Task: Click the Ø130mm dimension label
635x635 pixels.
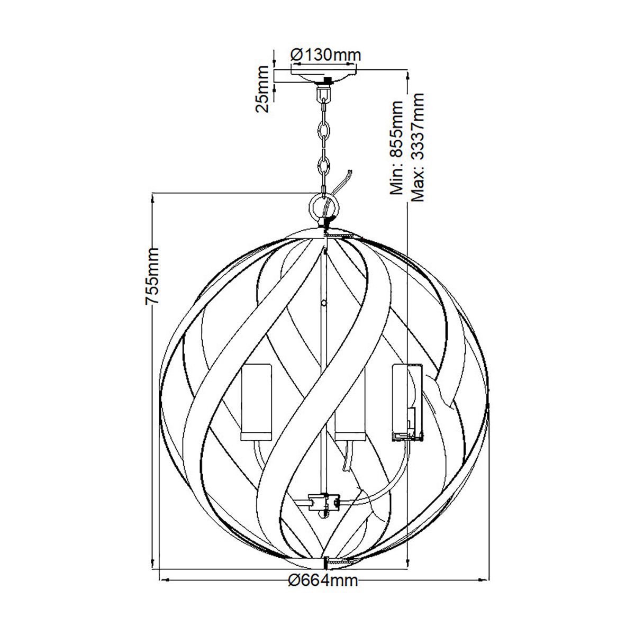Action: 325,55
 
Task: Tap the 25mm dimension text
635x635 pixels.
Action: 263,88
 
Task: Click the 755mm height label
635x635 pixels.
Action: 152,275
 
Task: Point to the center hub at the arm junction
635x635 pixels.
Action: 321,500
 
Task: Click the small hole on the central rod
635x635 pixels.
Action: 323,304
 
